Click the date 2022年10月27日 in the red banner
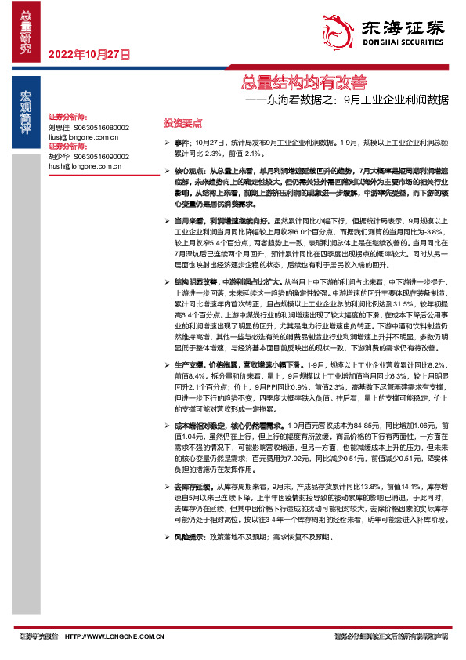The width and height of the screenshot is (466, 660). tap(88, 54)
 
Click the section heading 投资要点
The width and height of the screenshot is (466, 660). tap(182, 123)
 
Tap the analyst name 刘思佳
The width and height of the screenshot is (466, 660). tap(59, 126)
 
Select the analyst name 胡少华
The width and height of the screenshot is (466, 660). tap(59, 156)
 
